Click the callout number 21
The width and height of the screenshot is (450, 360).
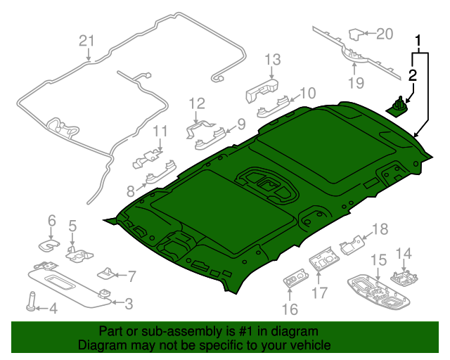(86, 41)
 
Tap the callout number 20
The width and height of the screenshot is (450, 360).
(385, 33)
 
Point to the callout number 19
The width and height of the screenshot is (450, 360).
(356, 84)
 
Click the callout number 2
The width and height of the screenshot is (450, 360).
(413, 75)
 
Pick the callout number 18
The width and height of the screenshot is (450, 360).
(380, 229)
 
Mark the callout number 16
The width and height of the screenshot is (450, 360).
(290, 309)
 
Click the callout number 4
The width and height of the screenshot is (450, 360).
(51, 307)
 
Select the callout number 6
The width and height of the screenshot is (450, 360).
(51, 222)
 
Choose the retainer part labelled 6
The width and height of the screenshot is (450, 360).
(49, 243)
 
